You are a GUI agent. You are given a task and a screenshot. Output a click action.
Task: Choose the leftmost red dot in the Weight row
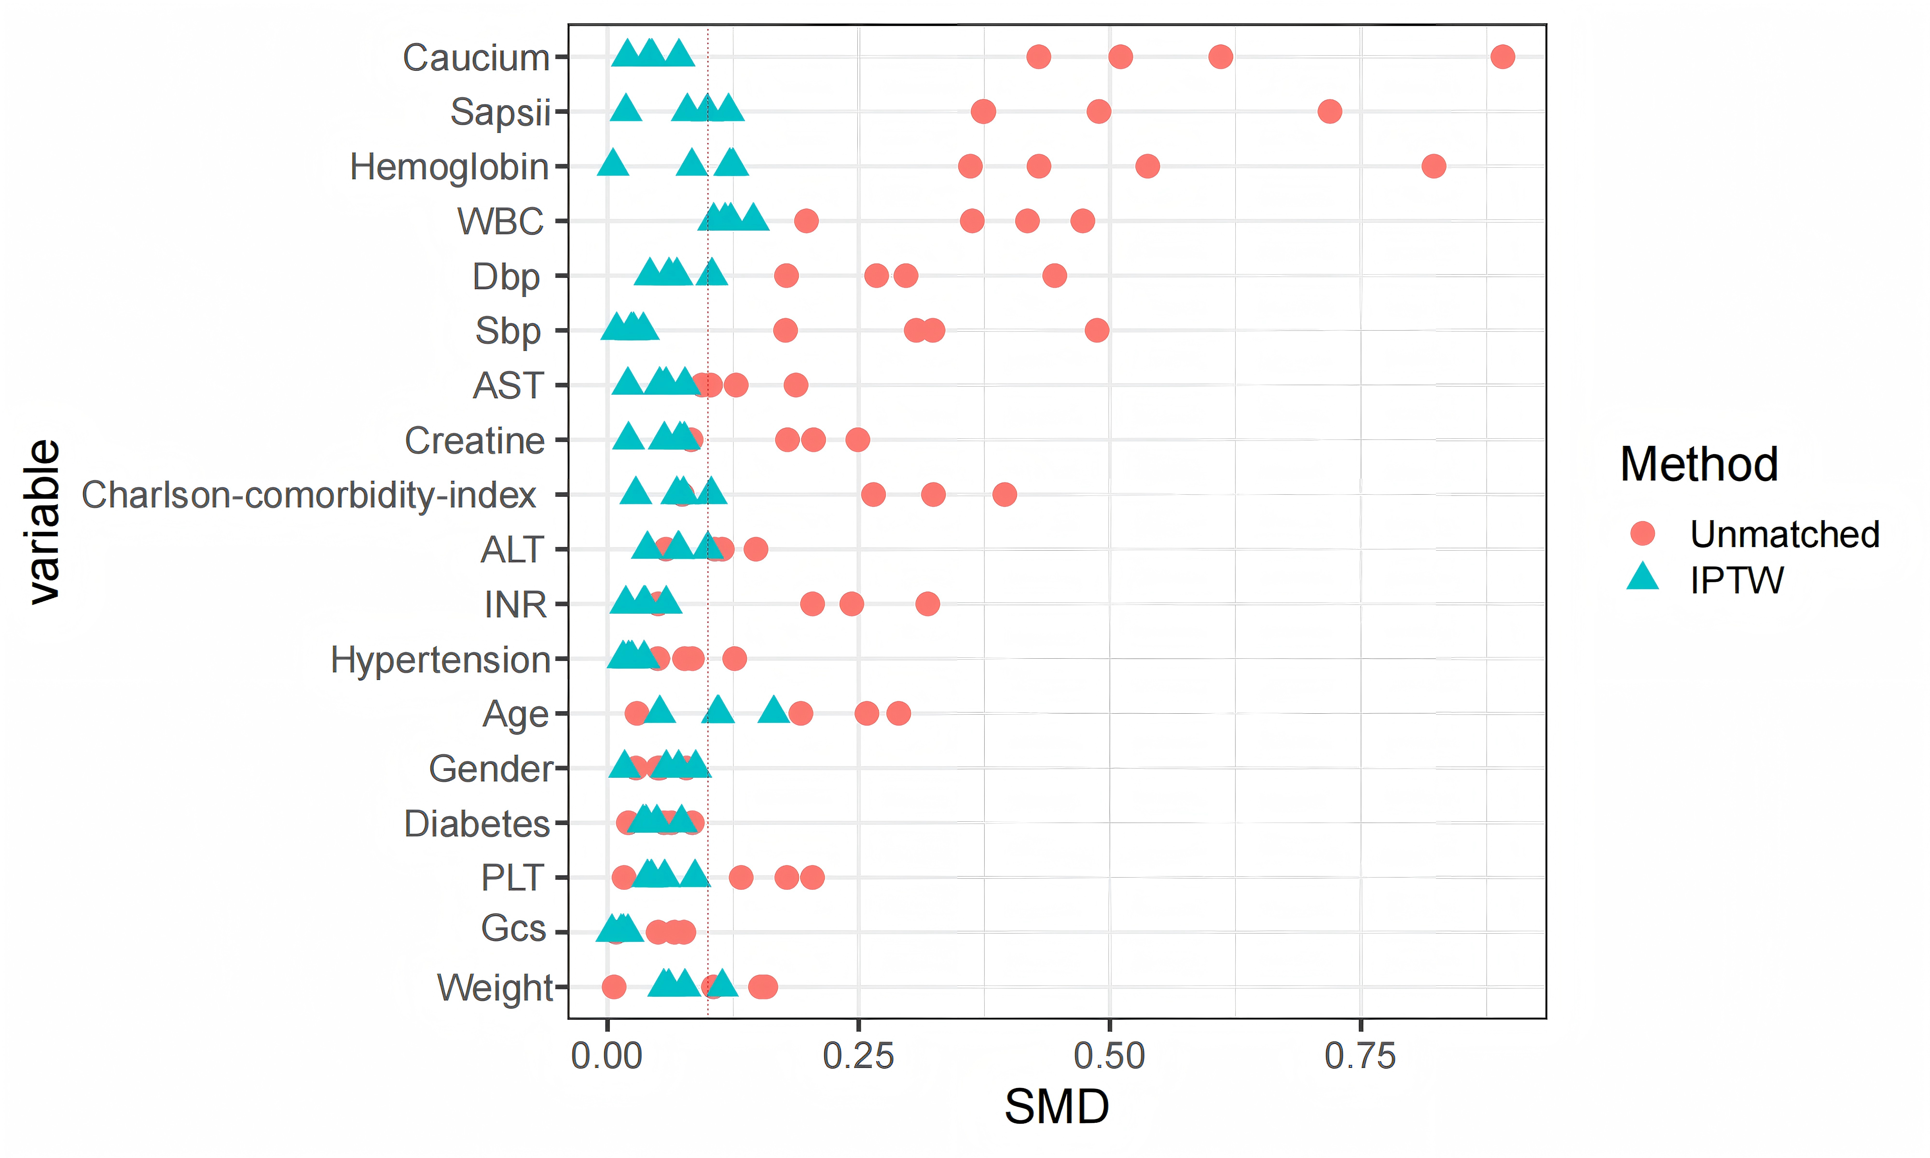click(614, 987)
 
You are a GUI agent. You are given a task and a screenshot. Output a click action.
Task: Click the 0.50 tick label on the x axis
click(1109, 1057)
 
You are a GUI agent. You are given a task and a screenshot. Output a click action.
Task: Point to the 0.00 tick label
click(607, 1057)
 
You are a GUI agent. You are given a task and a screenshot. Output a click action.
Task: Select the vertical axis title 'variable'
click(43, 521)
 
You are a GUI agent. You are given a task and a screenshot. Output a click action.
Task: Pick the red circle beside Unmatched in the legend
click(1643, 534)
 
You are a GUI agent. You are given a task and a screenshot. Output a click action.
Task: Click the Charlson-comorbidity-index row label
click(309, 495)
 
